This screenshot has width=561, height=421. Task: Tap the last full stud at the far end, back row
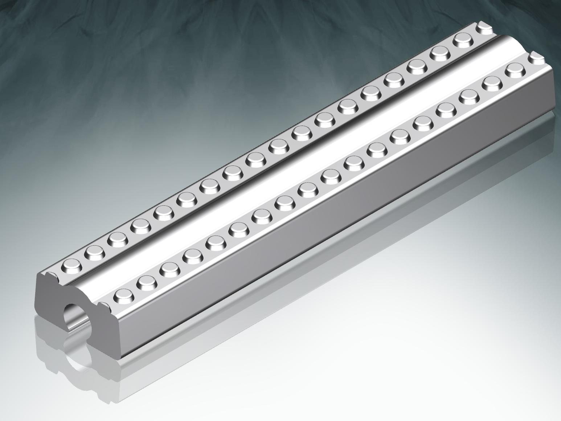[x=463, y=39]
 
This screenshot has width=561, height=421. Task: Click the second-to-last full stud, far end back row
[x=440, y=53]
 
